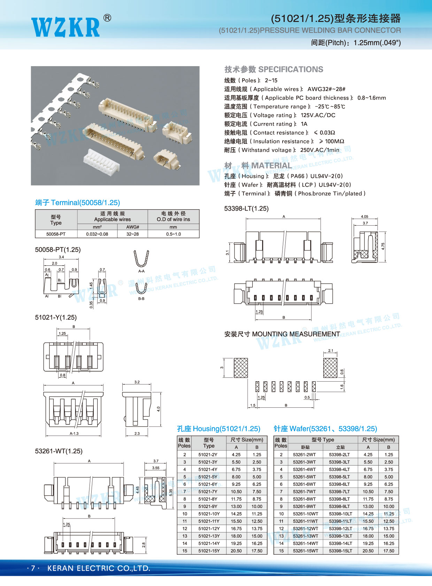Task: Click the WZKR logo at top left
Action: [x=65, y=27]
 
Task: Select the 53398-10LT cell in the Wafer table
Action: [x=340, y=514]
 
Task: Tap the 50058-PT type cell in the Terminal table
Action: [x=56, y=234]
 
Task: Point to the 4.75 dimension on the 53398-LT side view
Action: [x=383, y=246]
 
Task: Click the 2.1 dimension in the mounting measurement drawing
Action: [x=331, y=351]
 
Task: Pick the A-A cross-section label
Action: [x=141, y=271]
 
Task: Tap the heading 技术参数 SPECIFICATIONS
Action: [x=273, y=69]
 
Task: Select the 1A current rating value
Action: [x=304, y=124]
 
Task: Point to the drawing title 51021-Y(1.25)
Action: [x=56, y=317]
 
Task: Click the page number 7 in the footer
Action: [x=33, y=568]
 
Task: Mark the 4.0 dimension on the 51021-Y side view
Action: [x=159, y=409]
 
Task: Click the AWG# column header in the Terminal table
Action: [x=132, y=227]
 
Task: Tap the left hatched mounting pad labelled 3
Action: [x=241, y=368]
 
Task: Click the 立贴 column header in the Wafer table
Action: [x=340, y=447]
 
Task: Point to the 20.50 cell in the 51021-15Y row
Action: [x=236, y=551]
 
